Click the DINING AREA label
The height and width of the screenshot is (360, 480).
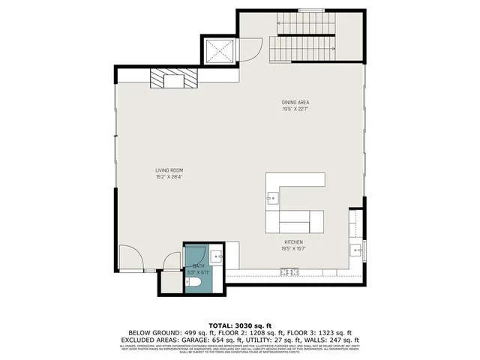[295, 102]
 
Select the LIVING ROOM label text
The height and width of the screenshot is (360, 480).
[169, 171]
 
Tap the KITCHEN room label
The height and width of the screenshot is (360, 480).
[292, 242]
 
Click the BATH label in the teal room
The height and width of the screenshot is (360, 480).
[198, 266]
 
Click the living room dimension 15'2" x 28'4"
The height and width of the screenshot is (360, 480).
[169, 178]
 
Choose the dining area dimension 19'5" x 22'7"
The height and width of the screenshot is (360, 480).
[295, 109]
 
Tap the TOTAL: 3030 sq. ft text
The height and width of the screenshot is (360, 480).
[239, 323]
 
